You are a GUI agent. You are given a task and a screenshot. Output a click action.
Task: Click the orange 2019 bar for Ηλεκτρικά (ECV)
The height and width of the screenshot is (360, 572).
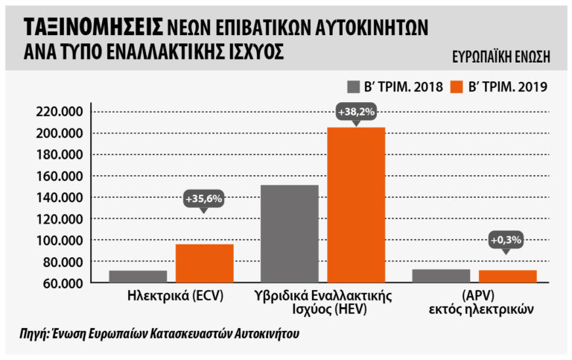click(204, 263)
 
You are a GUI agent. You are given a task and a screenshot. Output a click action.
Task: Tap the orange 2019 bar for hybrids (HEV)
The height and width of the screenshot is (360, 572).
click(356, 205)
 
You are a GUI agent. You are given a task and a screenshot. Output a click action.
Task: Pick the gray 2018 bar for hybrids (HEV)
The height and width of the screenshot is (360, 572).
click(289, 233)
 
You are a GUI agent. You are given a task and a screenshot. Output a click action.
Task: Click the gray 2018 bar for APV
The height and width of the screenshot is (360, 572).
click(441, 276)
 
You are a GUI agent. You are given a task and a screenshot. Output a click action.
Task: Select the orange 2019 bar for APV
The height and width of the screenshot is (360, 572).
click(507, 277)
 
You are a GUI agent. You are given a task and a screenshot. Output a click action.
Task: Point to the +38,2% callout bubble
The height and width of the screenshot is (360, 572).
click(355, 112)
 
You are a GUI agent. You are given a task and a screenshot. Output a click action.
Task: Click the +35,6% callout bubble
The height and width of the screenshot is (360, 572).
click(204, 199)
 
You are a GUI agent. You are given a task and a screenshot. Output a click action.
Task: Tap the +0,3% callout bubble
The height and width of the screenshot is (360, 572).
click(507, 241)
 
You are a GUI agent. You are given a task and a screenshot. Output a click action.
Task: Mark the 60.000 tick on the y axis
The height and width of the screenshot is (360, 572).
click(63, 283)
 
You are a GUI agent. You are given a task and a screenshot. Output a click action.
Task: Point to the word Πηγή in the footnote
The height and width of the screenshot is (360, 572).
click(34, 334)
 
